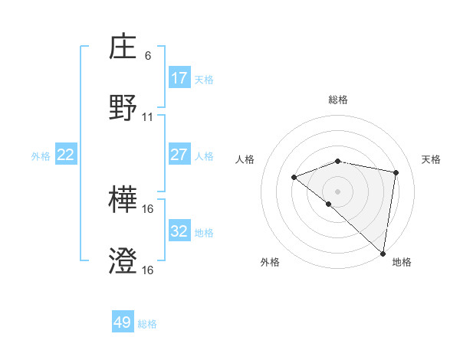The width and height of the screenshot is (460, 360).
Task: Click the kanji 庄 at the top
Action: click(123, 49)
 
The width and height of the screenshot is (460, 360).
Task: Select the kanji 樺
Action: click(123, 201)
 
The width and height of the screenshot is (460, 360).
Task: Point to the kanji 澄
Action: click(123, 261)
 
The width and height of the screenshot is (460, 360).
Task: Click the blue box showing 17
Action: click(179, 78)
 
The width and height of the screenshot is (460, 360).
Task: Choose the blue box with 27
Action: click(179, 155)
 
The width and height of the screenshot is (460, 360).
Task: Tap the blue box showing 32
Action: click(179, 231)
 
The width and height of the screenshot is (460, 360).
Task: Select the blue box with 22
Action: click(66, 155)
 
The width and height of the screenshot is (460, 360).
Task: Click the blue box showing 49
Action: click(123, 322)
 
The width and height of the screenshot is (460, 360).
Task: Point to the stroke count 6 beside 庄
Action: click(148, 55)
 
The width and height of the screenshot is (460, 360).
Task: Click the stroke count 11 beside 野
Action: click(148, 116)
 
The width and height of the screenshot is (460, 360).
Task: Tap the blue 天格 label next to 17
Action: click(204, 79)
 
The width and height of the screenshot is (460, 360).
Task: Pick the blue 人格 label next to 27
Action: click(204, 155)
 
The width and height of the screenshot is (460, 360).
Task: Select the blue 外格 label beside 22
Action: click(41, 155)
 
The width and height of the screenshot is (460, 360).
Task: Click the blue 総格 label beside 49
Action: click(147, 323)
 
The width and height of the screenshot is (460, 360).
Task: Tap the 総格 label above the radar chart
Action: click(338, 100)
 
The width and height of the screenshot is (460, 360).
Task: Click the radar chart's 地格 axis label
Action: click(402, 262)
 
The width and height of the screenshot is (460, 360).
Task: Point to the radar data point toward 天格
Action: click(396, 172)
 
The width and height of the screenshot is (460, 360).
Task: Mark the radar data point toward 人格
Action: click(294, 178)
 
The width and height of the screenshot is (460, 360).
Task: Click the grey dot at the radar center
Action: click(338, 191)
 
